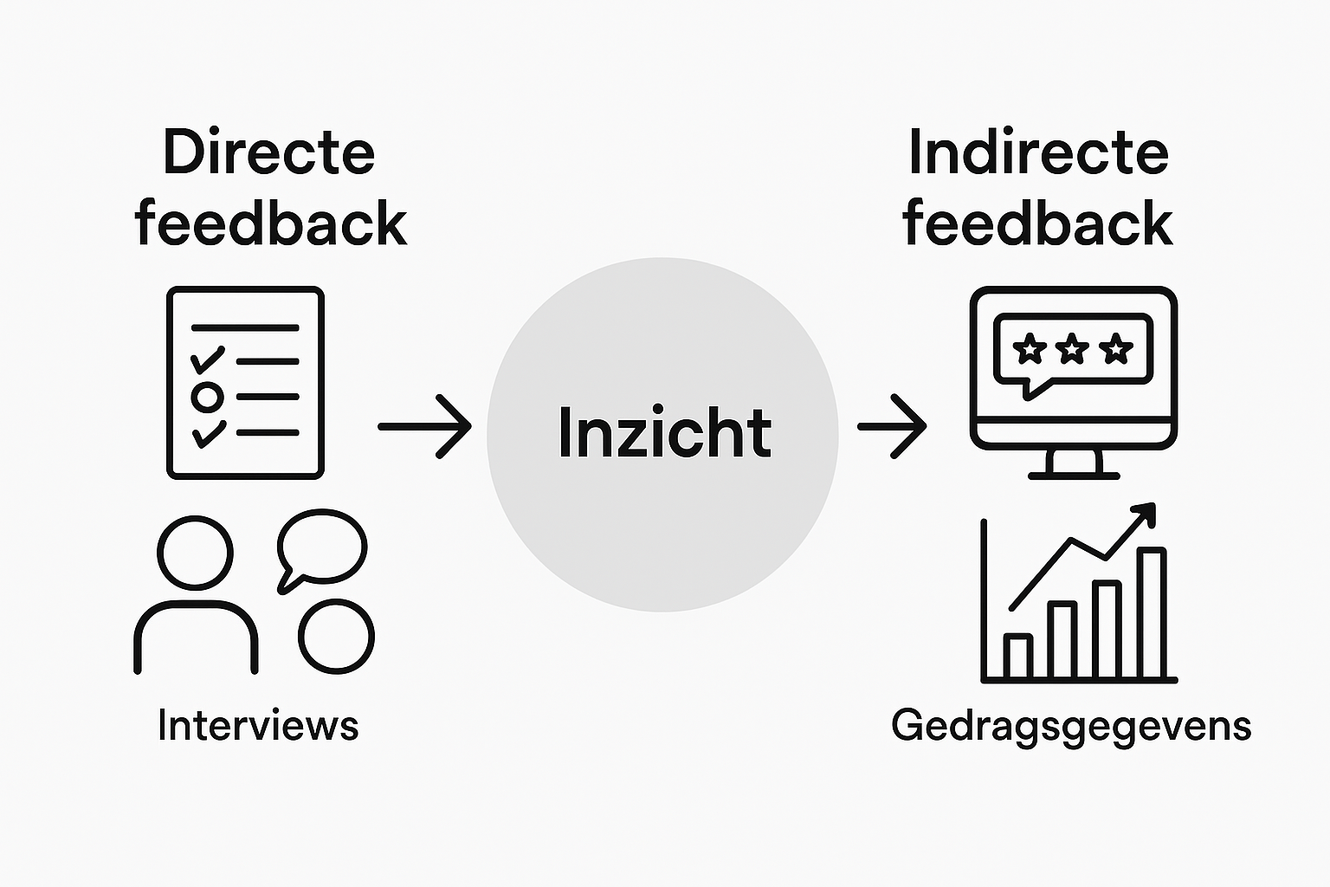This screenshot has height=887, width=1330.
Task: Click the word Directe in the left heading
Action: [268, 153]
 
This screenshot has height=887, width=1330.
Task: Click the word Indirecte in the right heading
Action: [1038, 153]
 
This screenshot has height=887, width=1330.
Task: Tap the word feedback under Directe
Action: [270, 223]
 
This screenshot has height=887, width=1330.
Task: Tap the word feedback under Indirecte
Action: [1037, 223]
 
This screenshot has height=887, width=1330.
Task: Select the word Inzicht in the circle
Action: [664, 432]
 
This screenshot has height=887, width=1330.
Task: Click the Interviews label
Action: [258, 726]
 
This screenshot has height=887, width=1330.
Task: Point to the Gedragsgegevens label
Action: [1071, 726]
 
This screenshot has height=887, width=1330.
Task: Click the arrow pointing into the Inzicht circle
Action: [425, 426]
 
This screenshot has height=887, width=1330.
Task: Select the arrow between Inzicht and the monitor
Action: [892, 426]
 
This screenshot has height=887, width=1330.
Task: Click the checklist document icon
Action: [245, 382]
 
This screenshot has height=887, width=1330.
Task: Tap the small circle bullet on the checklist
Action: [207, 397]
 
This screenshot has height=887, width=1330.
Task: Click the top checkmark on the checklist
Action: [208, 359]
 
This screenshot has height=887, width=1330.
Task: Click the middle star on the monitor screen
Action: [1072, 349]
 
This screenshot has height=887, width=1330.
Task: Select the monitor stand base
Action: [1074, 475]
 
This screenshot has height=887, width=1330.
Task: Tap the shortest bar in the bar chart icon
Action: [1019, 656]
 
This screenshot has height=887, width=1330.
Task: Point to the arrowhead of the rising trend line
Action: [1146, 514]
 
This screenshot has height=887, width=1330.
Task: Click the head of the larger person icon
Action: [196, 553]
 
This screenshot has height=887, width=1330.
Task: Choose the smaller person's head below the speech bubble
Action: [336, 636]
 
